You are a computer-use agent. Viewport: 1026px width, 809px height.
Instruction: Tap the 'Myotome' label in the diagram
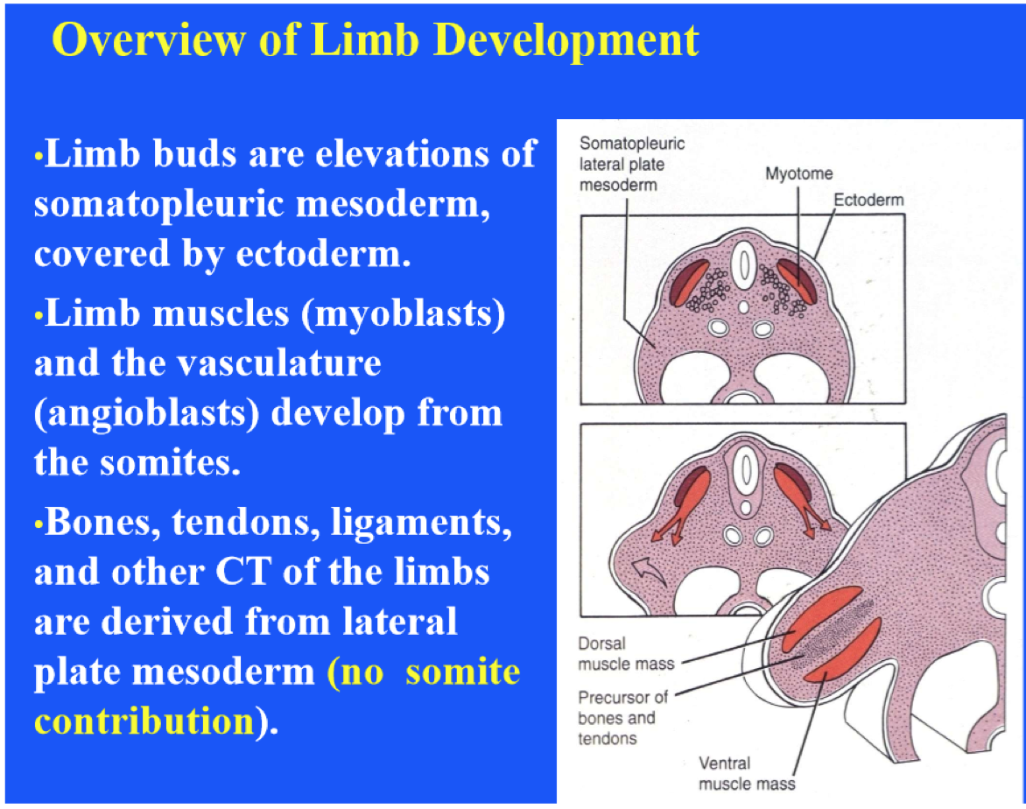point(798,174)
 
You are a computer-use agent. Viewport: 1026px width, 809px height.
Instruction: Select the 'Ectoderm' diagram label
point(868,200)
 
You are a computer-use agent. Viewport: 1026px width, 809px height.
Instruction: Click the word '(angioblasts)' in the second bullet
point(145,412)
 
